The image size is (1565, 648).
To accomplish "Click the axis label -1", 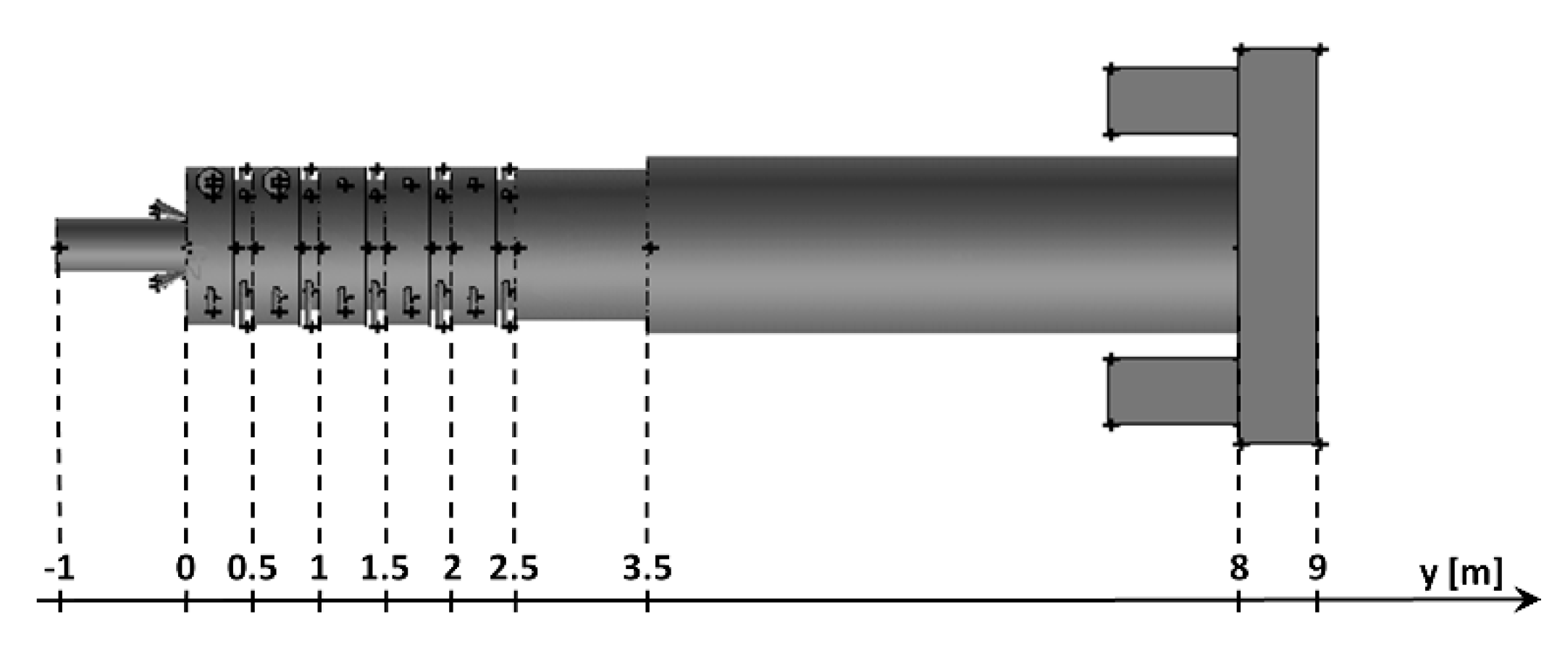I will tap(59, 569).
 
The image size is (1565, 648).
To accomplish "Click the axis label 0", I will tap(185, 569).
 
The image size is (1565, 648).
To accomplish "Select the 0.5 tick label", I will tap(252, 569).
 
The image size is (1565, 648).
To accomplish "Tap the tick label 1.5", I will tap(385, 569).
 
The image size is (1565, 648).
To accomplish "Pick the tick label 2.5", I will tap(514, 569).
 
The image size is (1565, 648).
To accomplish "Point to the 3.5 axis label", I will tap(647, 569).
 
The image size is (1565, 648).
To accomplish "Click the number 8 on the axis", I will tap(1238, 569).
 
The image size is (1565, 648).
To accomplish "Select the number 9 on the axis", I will tap(1317, 569).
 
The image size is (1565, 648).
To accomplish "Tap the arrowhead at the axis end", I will tap(1530, 600).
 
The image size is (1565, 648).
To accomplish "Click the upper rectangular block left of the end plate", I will tap(1172, 101).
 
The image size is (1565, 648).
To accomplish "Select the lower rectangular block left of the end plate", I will tap(1172, 392).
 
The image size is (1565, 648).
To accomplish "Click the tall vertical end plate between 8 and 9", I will tap(1277, 246).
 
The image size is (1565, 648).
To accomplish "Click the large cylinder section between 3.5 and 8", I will tap(941, 246).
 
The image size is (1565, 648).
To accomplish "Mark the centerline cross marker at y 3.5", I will tap(650, 248).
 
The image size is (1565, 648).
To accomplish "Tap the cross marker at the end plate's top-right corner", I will tap(1319, 49).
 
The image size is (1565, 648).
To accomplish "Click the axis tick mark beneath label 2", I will tap(451, 601).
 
